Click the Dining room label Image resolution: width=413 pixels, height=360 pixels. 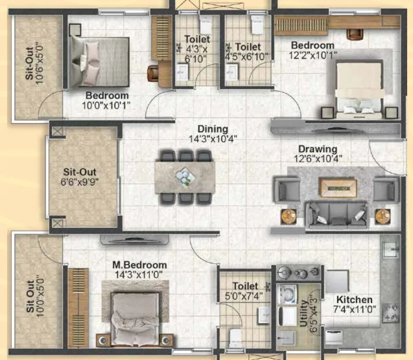213,129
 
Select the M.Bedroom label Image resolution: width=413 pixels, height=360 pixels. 139,265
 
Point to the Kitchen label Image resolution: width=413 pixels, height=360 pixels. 354,299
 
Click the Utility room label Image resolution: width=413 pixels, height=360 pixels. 303,313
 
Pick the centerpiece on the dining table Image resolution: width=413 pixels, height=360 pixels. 185,177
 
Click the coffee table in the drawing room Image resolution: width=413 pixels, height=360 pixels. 338,187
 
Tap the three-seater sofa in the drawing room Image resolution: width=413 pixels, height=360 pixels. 336,215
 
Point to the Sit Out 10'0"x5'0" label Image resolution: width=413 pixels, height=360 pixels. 34,296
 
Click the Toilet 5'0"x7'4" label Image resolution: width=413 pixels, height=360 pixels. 244,291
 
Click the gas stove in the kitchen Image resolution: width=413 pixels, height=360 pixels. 390,313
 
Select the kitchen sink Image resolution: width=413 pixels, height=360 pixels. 391,249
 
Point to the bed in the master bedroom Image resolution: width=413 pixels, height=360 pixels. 135,319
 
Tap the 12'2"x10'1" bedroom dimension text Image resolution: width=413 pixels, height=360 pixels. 313,56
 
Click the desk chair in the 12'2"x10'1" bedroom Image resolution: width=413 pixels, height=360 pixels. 355,35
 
